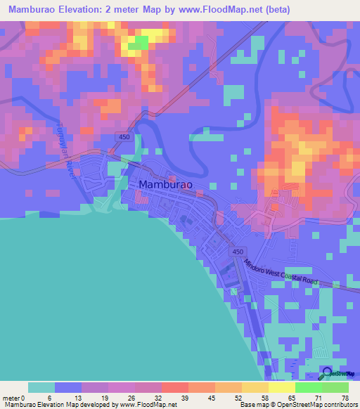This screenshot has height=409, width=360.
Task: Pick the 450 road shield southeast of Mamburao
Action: click(x=238, y=252)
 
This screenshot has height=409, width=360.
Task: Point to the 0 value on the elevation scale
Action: click(x=22, y=398)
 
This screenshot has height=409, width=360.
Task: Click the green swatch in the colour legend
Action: click(x=308, y=387)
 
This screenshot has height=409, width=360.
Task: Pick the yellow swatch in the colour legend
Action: click(x=281, y=387)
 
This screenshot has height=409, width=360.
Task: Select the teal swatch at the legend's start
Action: click(x=41, y=387)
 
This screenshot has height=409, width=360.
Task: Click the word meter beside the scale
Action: click(x=10, y=398)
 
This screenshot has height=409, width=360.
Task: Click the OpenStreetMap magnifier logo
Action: click(x=327, y=372)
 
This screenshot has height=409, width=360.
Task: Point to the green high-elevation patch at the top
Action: click(x=139, y=43)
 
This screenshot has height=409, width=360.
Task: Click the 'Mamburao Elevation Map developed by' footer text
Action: click(x=49, y=405)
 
